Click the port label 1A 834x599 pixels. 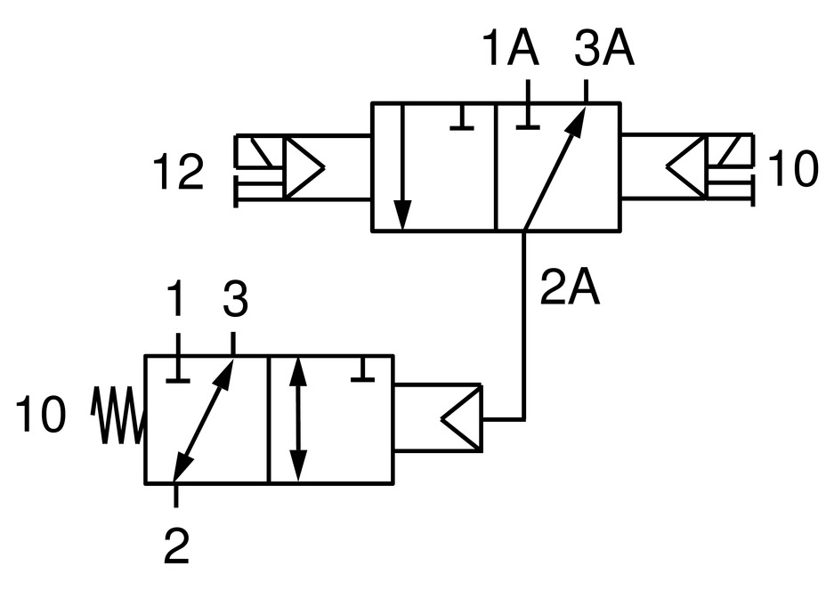pos(512,51)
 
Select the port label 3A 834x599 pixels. pos(603,51)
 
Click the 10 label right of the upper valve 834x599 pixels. pos(791,170)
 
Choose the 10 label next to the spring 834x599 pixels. pos(40,416)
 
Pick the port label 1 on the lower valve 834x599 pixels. pos(177,303)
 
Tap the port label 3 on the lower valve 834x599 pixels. pos(234,303)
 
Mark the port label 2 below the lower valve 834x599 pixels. pos(177,546)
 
